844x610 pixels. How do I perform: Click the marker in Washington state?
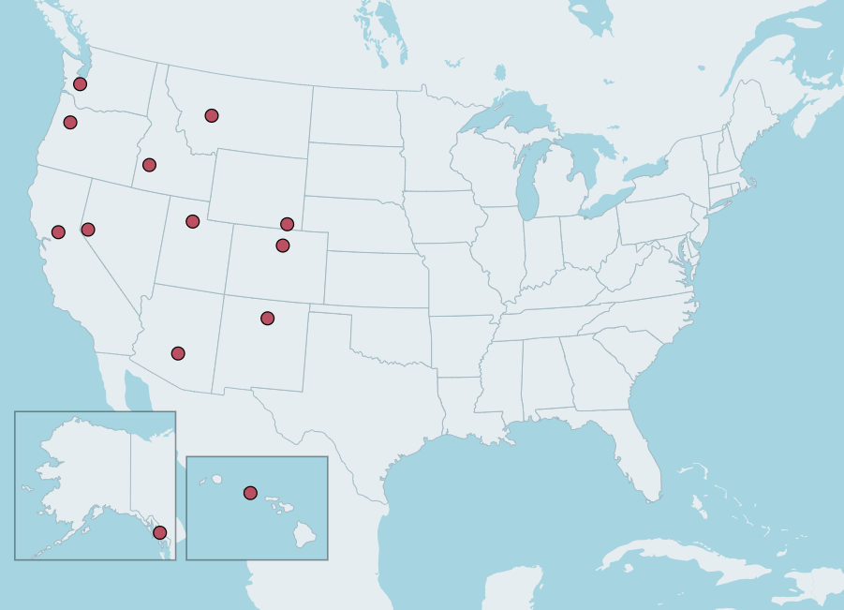80,84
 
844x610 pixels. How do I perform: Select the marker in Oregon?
70,123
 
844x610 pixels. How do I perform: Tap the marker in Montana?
212,115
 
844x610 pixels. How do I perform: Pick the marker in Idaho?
149,165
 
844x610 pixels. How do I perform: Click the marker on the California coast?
58,232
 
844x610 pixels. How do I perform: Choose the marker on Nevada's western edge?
88,230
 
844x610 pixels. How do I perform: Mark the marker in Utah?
193,222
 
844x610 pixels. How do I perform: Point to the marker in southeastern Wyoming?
287,224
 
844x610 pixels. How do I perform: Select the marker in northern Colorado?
283,245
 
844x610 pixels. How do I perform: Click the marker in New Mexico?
268,319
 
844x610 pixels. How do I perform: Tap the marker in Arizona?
178,353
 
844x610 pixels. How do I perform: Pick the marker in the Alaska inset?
160,532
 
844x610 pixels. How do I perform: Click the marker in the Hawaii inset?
250,493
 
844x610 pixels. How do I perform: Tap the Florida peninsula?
642,464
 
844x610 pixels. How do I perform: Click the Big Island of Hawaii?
305,533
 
